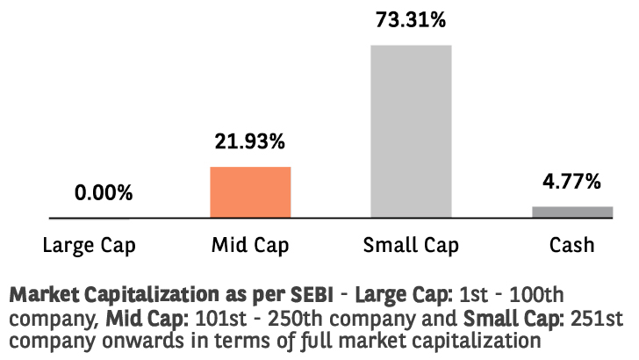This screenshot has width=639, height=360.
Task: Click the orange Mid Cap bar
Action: tap(250, 192)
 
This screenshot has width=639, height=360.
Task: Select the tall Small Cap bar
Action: tap(411, 132)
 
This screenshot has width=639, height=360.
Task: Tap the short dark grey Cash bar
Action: tap(572, 212)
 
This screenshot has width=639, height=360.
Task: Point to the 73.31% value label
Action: tap(411, 19)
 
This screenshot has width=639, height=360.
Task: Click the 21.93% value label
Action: tap(250, 141)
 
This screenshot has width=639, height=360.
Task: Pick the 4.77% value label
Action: tap(571, 181)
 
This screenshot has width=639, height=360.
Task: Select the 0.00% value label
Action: tap(104, 192)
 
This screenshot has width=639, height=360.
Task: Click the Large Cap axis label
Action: tap(90, 246)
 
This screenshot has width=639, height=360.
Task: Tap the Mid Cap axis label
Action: tap(250, 246)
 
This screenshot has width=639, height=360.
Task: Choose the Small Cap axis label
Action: tap(411, 246)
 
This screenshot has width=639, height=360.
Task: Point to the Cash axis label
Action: tap(571, 245)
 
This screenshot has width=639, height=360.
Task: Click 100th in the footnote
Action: tap(536, 295)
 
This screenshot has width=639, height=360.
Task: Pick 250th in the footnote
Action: tap(295, 319)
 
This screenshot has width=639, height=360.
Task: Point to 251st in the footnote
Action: tap(597, 319)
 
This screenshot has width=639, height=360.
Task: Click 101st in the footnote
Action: tap(221, 319)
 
